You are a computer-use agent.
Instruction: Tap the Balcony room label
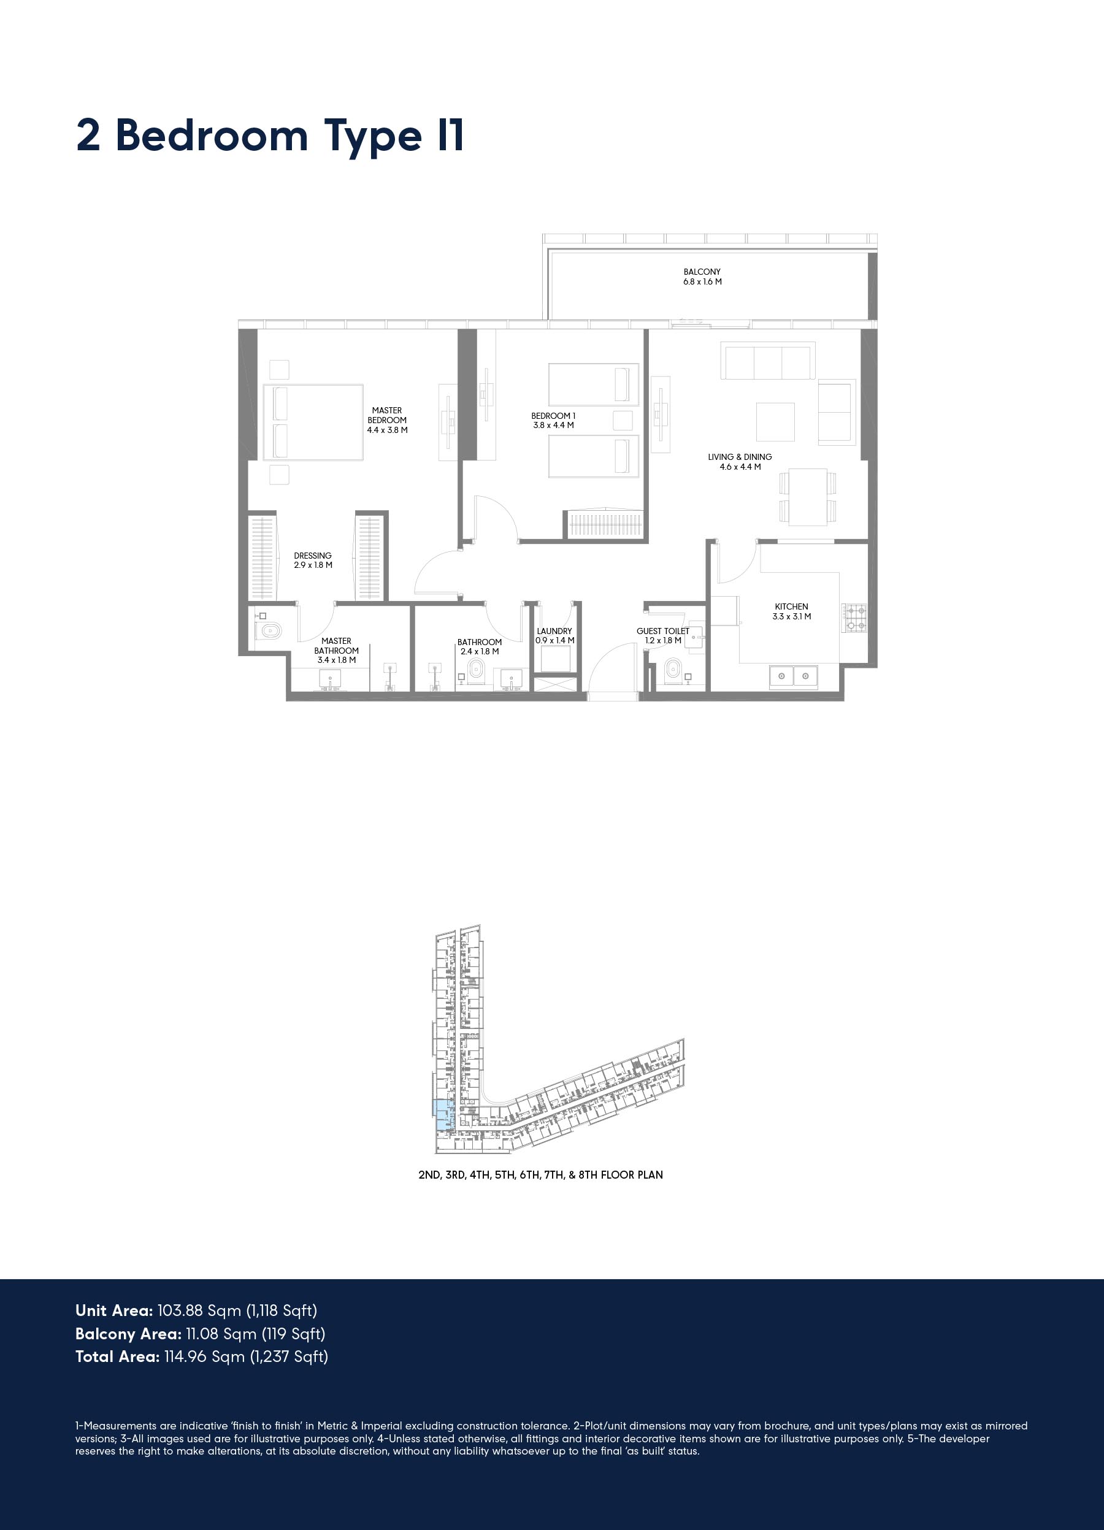point(702,277)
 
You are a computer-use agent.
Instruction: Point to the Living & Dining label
point(740,461)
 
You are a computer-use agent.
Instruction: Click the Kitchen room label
point(792,611)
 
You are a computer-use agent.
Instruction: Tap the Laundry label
point(554,635)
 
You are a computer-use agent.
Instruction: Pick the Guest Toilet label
point(662,635)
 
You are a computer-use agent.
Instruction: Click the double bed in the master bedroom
point(312,423)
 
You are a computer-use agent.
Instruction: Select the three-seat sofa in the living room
point(768,361)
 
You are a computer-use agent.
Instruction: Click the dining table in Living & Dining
point(808,497)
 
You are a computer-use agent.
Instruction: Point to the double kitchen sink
point(794,675)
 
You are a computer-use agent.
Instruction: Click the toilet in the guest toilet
point(673,670)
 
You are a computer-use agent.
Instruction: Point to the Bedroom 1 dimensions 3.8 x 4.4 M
point(554,425)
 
